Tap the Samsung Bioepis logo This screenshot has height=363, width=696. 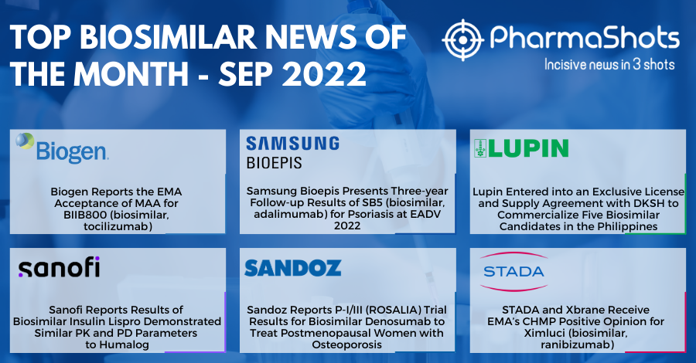point(292,151)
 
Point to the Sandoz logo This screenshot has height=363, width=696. point(292,268)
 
